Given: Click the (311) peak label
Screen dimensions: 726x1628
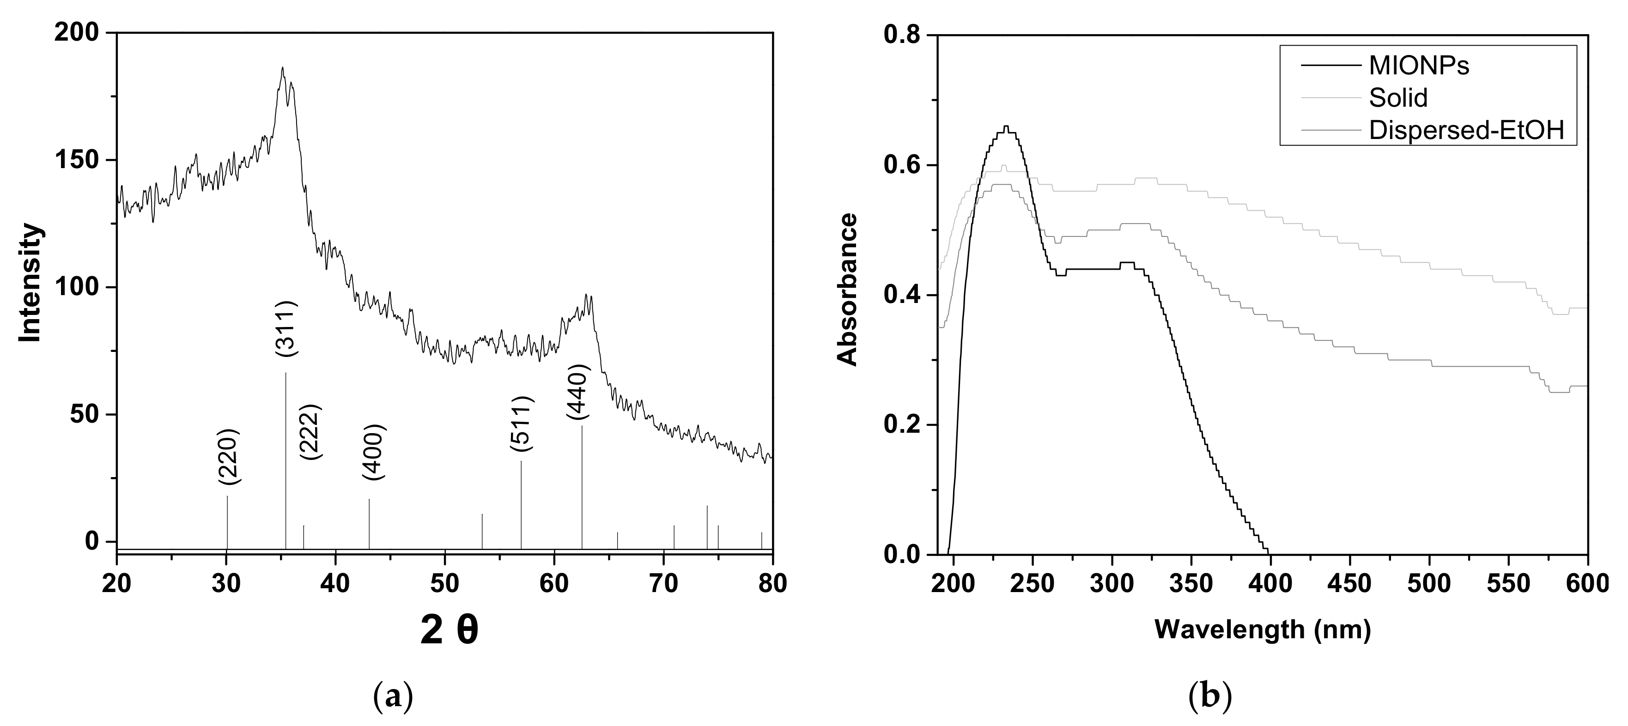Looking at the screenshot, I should [286, 328].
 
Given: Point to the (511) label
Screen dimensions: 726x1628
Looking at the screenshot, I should [522, 423].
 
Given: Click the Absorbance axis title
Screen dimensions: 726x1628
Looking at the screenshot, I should [848, 290].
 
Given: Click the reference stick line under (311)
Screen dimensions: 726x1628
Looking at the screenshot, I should [286, 461].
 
